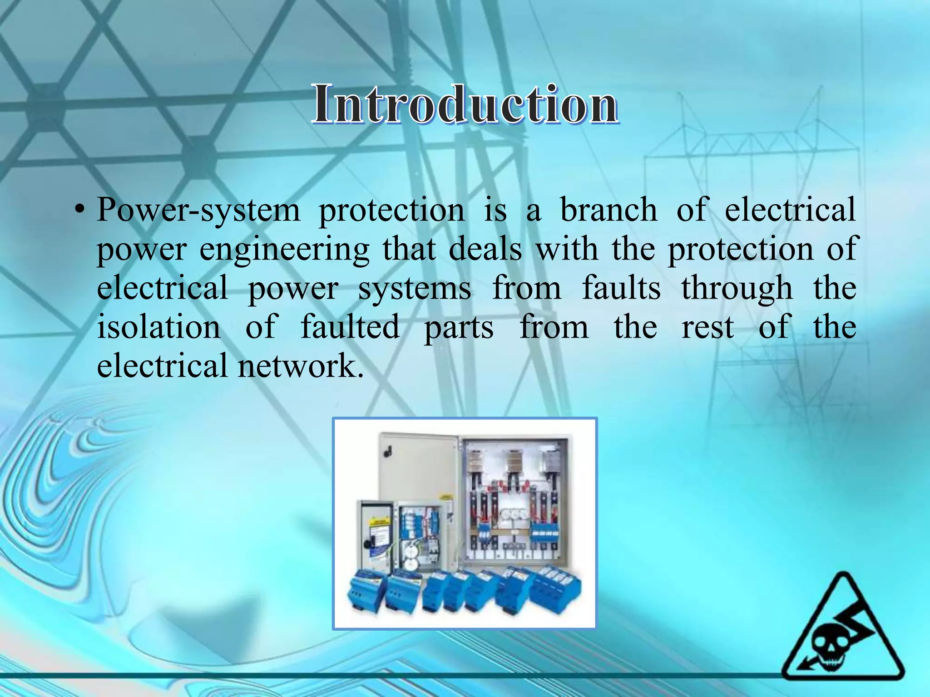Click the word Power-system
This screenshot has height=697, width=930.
click(198, 210)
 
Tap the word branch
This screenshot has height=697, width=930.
click(608, 210)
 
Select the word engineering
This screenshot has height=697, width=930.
click(284, 250)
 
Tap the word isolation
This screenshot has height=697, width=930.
click(159, 327)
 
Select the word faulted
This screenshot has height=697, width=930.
click(350, 327)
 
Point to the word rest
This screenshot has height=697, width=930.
click(707, 328)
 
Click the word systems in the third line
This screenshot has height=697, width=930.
click(414, 289)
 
